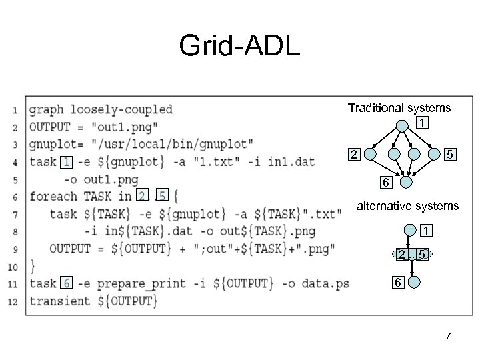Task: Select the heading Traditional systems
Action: tap(399, 107)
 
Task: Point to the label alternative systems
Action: tap(408, 206)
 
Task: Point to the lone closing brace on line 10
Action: tap(33, 266)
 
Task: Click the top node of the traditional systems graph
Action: tap(402, 125)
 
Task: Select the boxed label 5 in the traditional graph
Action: tap(451, 155)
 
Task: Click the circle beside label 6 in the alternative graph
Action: tap(413, 282)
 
